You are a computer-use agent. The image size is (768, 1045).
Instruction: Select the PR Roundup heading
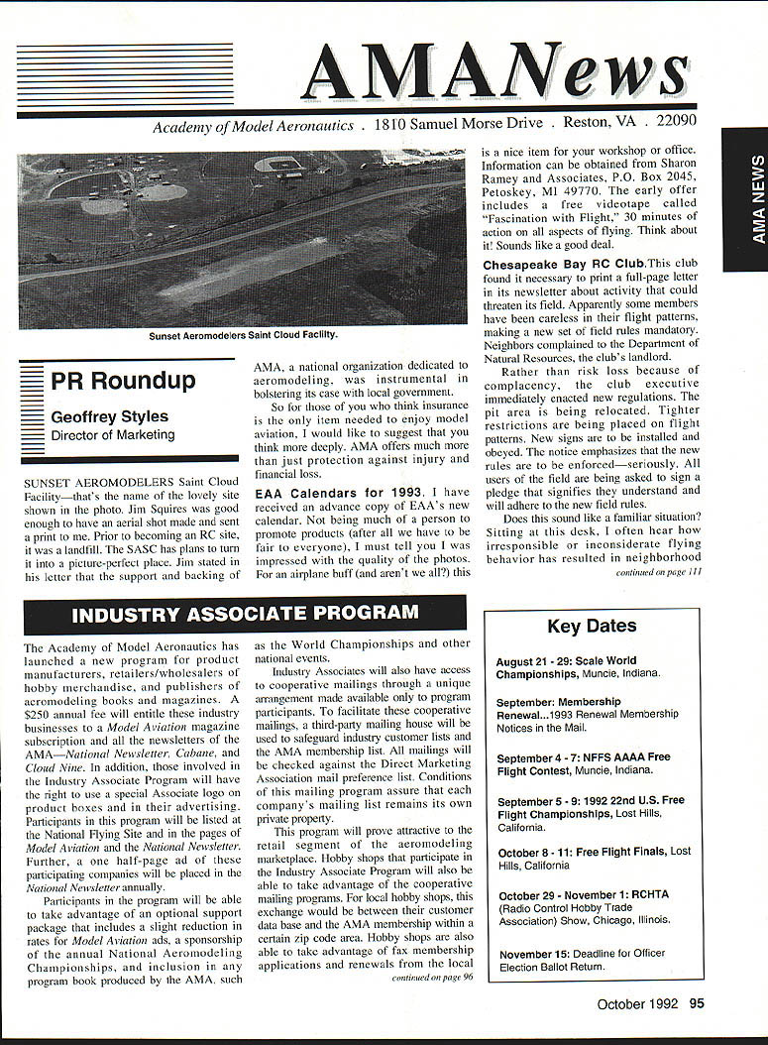123,381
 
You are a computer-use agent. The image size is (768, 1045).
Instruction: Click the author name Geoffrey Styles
109,417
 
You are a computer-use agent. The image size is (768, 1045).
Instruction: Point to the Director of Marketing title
112,434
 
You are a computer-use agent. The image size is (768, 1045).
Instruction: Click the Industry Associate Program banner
245,614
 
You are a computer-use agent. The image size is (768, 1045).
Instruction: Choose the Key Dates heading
592,626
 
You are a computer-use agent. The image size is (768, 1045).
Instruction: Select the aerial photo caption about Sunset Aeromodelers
243,335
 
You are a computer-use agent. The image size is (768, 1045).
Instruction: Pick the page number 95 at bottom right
697,1003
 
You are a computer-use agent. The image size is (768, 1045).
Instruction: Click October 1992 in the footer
637,1003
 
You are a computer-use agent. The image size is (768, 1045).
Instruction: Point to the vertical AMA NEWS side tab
744,198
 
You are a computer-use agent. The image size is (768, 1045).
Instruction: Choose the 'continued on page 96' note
432,977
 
